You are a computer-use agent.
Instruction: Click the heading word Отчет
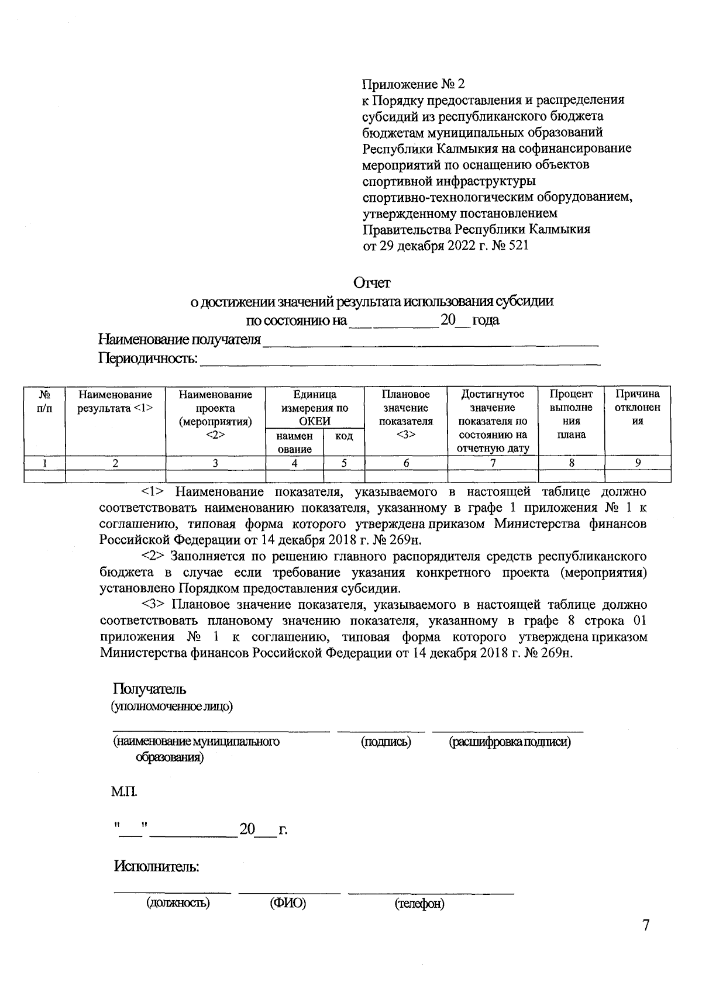(372, 283)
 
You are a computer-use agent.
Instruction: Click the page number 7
(646, 926)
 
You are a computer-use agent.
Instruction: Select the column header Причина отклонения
(638, 408)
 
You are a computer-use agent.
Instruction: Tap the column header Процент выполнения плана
(571, 414)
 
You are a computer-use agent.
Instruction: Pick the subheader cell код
(344, 436)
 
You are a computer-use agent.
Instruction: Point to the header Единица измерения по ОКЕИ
(315, 408)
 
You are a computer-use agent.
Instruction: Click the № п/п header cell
(44, 401)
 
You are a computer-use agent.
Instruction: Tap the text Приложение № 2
(414, 83)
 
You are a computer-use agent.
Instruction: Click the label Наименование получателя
(180, 339)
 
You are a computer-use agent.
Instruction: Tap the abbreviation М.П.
(124, 792)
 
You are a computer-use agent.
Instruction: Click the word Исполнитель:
(157, 866)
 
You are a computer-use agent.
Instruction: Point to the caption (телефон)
(419, 904)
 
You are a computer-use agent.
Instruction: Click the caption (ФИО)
(288, 903)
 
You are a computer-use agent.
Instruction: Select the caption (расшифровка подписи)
(510, 742)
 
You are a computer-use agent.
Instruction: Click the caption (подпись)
(386, 742)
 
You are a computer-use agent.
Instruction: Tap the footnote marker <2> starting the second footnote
(154, 555)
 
